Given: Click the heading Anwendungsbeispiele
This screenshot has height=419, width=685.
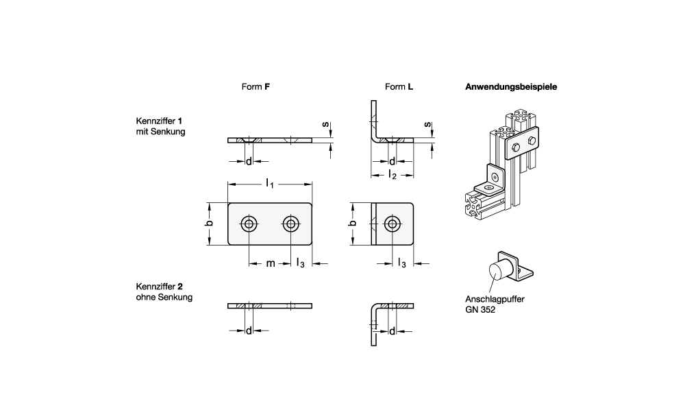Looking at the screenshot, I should pos(510,87).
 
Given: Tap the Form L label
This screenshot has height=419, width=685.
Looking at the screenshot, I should pos(399,87).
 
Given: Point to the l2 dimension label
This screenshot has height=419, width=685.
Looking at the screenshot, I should pos(392,175).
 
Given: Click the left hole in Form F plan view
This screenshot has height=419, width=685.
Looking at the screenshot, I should pos(249,224).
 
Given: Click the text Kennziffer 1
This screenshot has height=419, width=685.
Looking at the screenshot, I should pos(159,120).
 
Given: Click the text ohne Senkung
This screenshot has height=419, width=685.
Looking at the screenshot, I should pos(164,297).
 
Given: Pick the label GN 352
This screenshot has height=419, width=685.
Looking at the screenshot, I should pos(478,309).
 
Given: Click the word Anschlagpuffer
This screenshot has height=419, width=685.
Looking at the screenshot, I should pos(488,299).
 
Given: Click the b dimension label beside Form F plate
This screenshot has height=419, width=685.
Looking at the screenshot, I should pos(210,224).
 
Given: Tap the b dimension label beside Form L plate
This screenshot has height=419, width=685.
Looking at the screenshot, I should pos(353,224).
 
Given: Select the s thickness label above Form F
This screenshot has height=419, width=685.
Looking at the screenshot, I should pos(325,123).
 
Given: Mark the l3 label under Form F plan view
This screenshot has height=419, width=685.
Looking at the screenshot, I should pos(301,264).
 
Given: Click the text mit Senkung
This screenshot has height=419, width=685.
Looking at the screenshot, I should pos(161,131).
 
